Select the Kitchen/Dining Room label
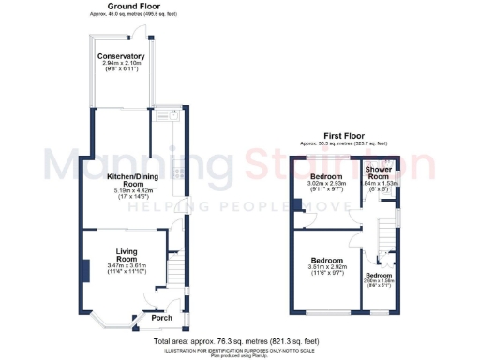[x=133, y=176]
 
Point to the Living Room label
[x=132, y=255]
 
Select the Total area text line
[x=239, y=342]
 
